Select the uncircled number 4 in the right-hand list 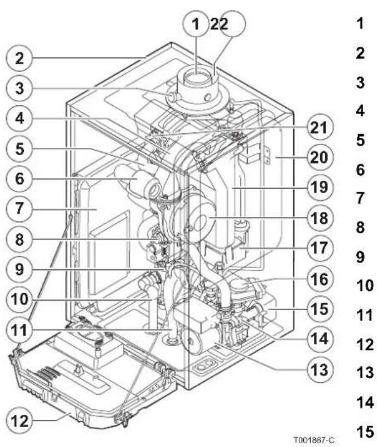pyautogui.click(x=360, y=111)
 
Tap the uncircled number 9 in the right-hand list pyautogui.click(x=360, y=256)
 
